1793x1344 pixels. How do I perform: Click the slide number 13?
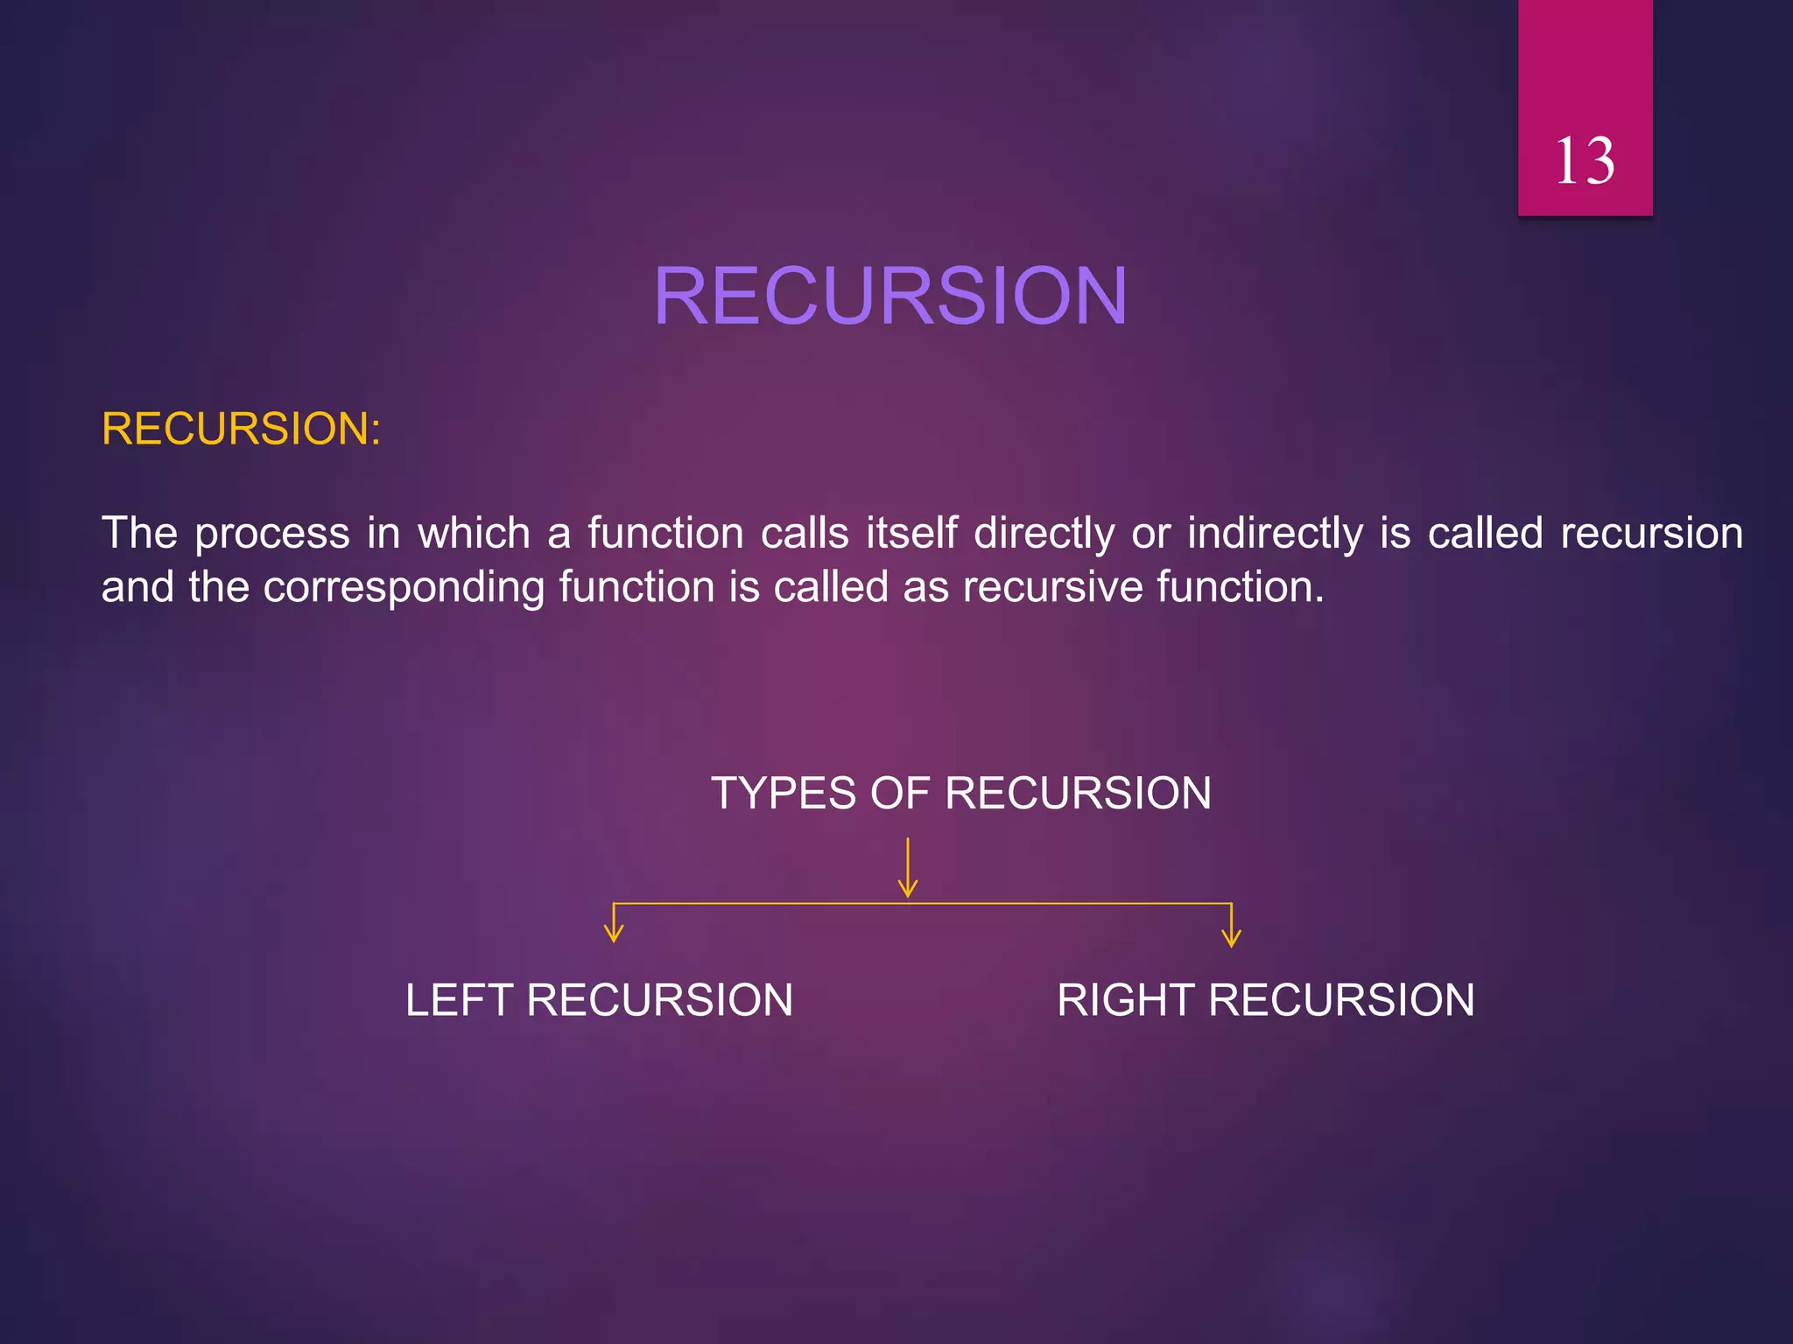click(1585, 161)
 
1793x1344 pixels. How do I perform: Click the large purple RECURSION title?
click(890, 297)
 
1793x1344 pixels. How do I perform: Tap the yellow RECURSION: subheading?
click(241, 429)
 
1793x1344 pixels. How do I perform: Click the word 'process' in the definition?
click(272, 534)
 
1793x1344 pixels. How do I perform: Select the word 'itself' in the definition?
click(911, 533)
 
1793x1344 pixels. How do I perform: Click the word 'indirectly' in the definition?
click(1275, 534)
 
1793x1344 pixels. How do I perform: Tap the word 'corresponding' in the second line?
click(404, 588)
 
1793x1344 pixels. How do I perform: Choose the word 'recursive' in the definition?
click(1052, 587)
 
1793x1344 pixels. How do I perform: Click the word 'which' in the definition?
click(474, 533)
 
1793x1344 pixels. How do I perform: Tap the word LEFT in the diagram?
click(459, 1000)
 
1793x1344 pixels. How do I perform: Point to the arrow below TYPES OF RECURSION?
click(908, 868)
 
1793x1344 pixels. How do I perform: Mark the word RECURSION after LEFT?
click(659, 1000)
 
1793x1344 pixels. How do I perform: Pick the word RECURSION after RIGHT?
click(1341, 1000)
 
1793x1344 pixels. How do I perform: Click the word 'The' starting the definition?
click(140, 533)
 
